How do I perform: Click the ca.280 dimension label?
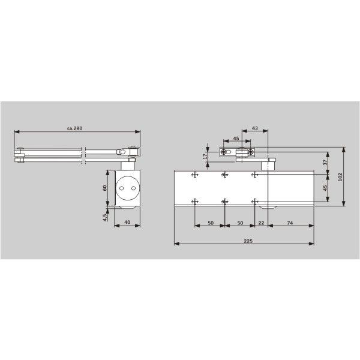tap(74, 128)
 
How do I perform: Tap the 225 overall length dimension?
tap(248, 241)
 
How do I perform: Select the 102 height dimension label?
tap(340, 177)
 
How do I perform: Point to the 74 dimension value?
tap(290, 223)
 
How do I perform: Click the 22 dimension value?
tap(261, 223)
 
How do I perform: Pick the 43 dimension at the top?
tap(255, 128)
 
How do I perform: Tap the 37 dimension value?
tap(325, 163)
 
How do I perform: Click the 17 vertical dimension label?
tap(205, 157)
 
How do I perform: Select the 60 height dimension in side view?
tap(104, 188)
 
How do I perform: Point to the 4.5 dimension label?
tap(104, 217)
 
